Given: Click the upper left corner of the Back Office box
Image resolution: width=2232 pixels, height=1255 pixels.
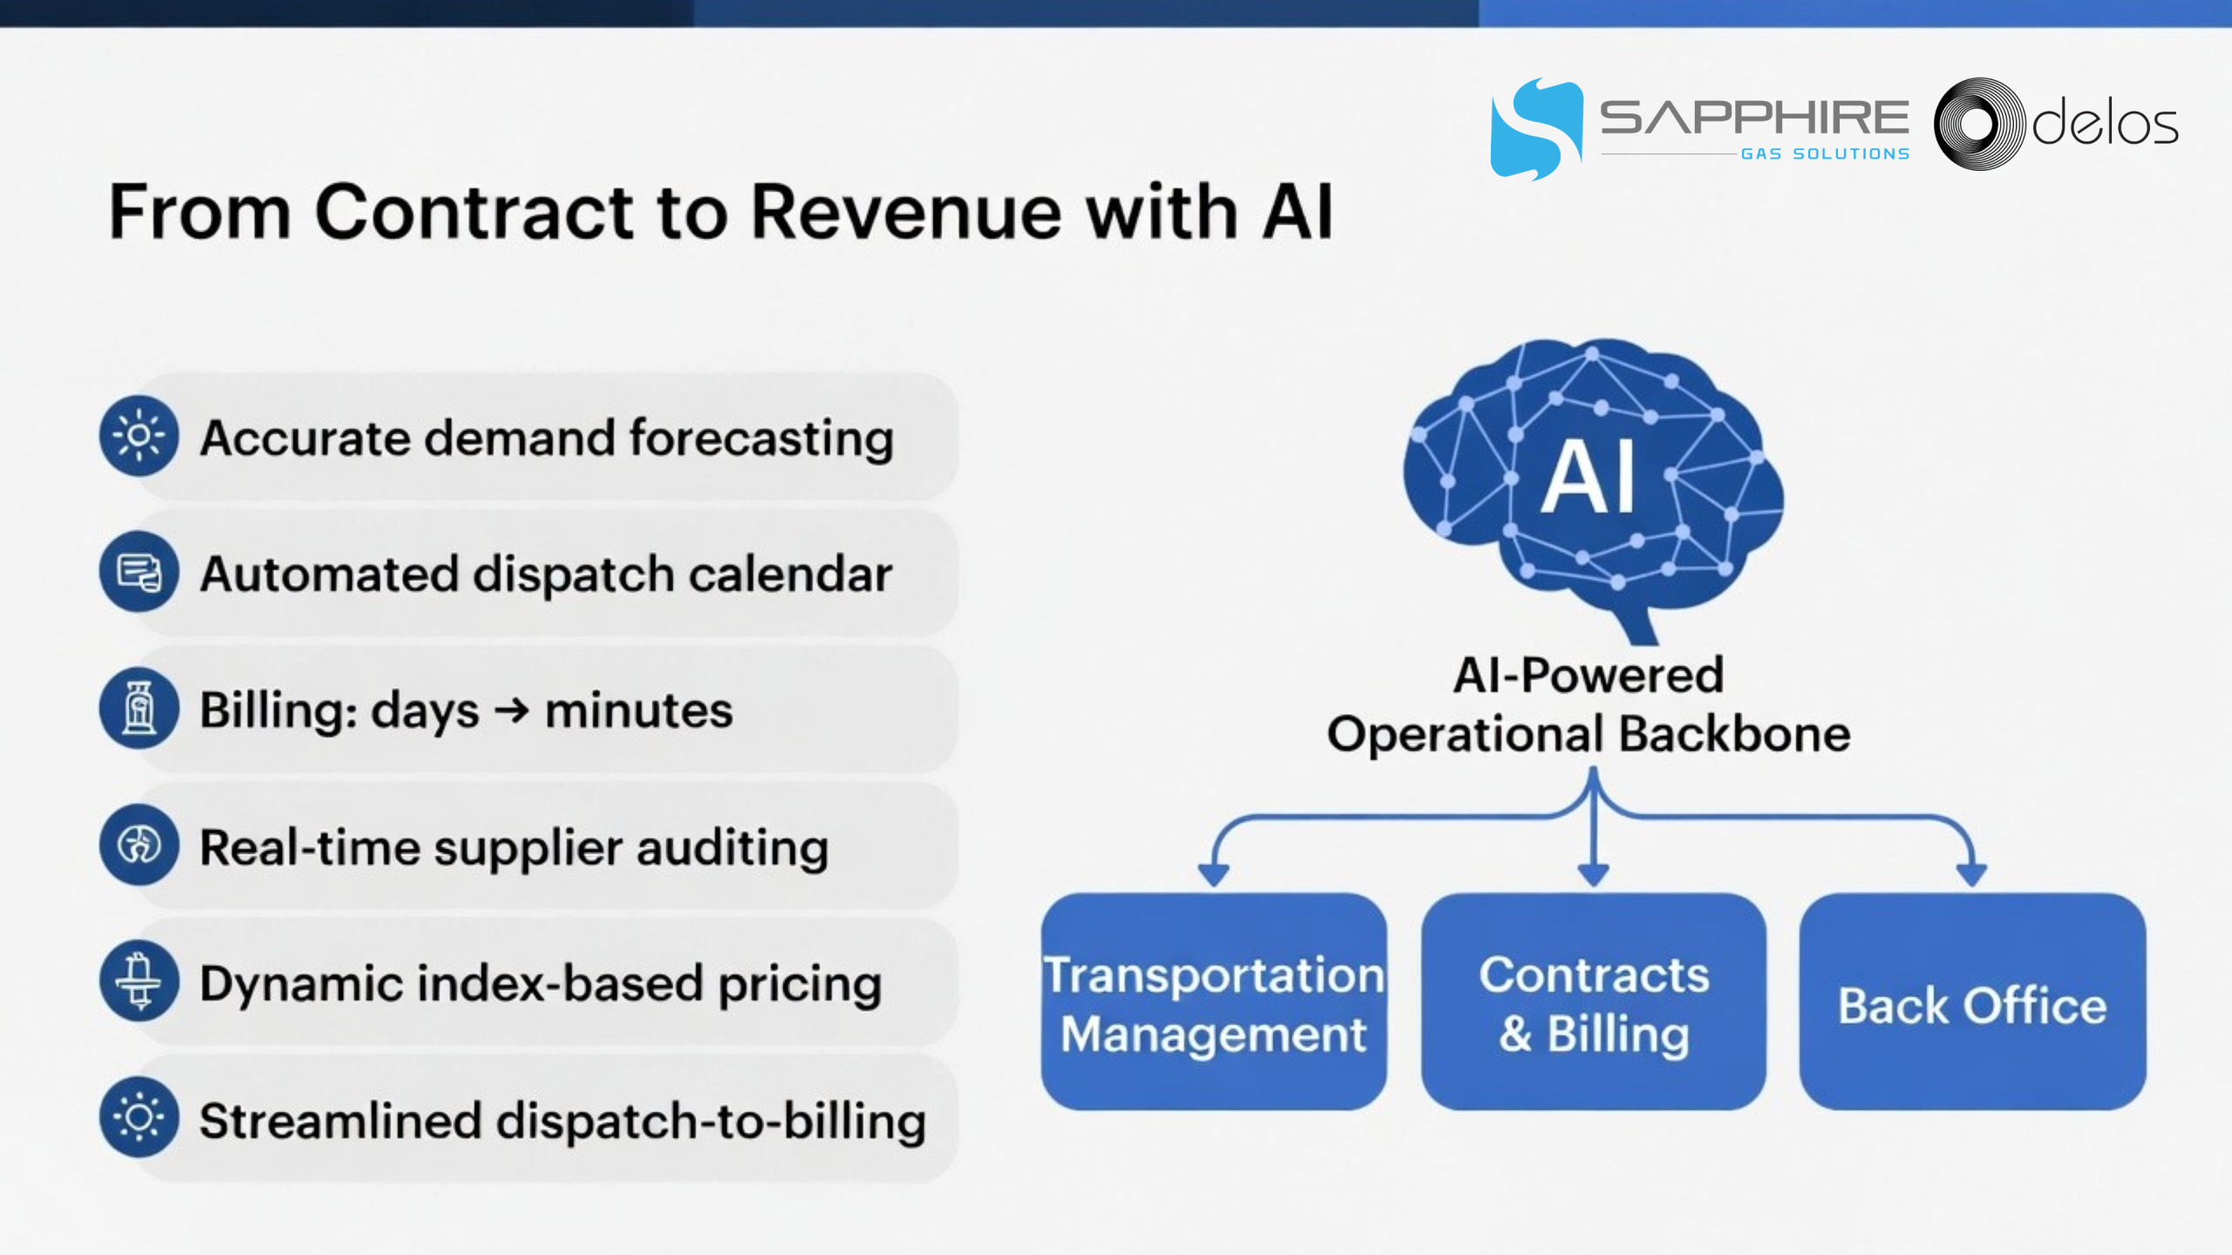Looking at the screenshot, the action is pos(1801,894).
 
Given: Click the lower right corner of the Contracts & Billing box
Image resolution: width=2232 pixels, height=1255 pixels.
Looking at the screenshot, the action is pos(1766,1109).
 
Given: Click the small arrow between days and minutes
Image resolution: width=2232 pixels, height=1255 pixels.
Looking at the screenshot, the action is pos(512,711).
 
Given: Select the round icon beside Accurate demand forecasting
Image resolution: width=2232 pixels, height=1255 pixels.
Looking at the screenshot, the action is pos(139,436).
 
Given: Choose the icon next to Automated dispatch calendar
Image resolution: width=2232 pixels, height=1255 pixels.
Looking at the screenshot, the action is pos(139,573).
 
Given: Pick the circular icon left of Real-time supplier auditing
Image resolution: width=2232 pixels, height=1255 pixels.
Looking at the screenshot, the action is pos(139,845).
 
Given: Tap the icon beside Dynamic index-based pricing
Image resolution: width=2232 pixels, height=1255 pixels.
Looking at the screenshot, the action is pos(139,981).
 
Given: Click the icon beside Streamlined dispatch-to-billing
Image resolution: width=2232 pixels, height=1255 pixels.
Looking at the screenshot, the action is pos(139,1117).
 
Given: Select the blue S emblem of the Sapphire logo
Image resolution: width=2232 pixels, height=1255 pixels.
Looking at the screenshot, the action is pos(1536,129).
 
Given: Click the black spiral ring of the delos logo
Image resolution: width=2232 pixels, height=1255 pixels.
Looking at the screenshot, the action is pos(1979,124).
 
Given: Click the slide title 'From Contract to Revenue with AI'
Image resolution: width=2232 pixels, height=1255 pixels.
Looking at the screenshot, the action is pos(721,212).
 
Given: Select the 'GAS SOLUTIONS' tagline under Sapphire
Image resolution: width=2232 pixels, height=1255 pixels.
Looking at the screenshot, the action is pos(1825,154).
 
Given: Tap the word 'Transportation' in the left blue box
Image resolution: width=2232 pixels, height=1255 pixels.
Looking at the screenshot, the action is pos(1214,974).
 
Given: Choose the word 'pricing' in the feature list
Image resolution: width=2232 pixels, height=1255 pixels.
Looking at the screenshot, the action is pos(800,986).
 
